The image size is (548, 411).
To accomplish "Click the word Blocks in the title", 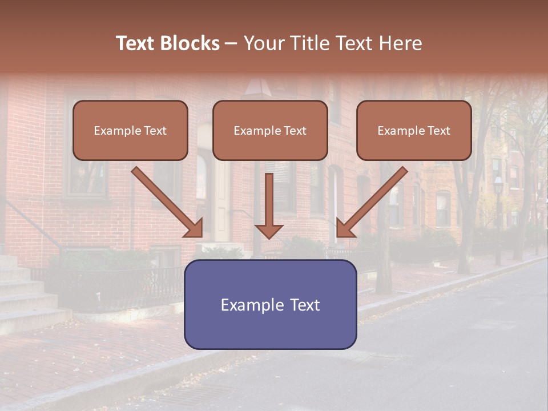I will coord(191,43).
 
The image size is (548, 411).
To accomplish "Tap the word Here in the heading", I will coord(400,43).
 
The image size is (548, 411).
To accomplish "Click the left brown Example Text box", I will coord(130,130).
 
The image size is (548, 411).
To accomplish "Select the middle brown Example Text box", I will coord(270,130).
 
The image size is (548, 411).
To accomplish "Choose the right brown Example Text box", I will coord(414,130).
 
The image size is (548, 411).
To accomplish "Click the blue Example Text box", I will coord(270,304).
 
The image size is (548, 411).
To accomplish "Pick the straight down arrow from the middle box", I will coord(269,203).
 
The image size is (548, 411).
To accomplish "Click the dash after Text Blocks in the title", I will coord(231,44).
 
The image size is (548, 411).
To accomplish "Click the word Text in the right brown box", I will coord(438,131).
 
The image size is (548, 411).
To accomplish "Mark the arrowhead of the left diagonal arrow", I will coord(195,229).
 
